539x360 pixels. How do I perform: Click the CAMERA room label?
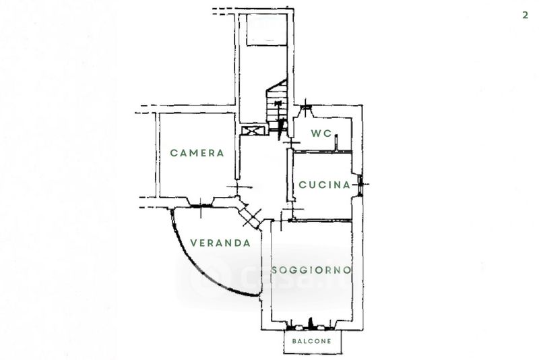point(197,153)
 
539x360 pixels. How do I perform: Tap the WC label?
point(321,133)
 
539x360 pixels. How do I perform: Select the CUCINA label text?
point(324,185)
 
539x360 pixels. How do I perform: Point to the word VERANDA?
point(220,243)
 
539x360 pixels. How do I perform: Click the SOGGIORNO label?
point(312,270)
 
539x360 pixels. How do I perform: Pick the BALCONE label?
point(311,342)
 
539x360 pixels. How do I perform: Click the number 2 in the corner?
point(524,15)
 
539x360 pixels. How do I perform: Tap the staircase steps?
point(276,104)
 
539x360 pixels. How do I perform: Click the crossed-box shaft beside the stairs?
point(253,130)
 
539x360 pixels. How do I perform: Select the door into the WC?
point(290,142)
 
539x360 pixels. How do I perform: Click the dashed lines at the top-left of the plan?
point(222,11)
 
